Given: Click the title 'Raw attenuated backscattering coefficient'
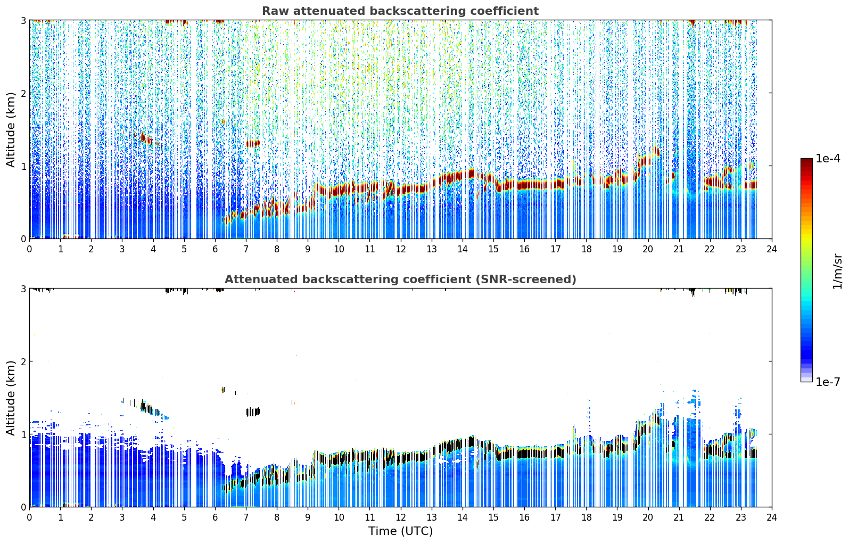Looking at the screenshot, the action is click(400, 11).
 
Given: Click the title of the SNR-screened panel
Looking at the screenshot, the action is click(400, 279).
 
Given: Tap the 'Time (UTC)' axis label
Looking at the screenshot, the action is click(400, 531).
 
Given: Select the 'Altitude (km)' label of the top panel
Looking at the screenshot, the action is click(11, 130).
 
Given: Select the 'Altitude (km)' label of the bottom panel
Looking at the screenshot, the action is click(11, 398).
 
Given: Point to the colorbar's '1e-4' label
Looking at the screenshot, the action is click(828, 159).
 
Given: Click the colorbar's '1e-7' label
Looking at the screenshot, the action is click(828, 382).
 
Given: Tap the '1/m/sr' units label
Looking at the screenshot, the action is click(838, 272).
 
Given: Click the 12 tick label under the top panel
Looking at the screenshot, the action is click(401, 249).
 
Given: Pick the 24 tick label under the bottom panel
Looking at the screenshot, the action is click(772, 517).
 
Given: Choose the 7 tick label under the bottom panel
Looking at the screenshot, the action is click(246, 517).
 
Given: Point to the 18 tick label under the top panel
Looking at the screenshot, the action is click(587, 249).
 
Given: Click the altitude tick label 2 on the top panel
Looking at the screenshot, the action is click(23, 93).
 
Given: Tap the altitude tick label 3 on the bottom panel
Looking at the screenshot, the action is click(23, 289).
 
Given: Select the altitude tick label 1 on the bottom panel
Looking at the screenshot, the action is click(23, 434).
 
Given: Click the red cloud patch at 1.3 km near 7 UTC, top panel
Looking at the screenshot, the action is click(253, 144).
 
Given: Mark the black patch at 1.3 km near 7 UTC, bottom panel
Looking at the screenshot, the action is click(253, 412).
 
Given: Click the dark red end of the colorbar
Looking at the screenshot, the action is click(806, 162).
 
